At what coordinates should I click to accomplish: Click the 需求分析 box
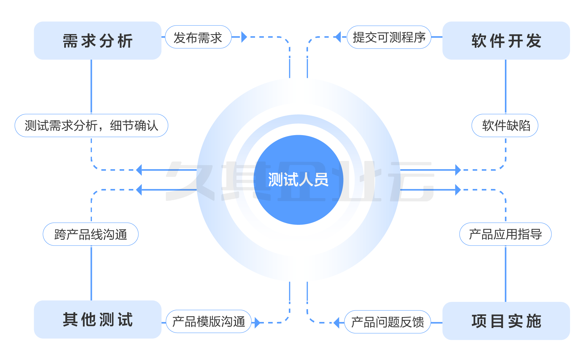97,40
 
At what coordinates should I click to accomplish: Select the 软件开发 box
506,40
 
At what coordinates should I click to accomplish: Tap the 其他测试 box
97,319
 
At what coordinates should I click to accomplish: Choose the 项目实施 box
506,321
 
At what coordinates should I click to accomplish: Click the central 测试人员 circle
298,180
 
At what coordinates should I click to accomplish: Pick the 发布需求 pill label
198,37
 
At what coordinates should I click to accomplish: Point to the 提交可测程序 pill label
389,37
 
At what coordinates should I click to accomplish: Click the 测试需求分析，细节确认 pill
91,125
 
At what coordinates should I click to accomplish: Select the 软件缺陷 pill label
505,125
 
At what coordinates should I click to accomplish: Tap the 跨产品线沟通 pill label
91,234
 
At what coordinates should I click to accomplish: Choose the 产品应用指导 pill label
505,234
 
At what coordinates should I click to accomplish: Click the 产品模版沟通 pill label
209,321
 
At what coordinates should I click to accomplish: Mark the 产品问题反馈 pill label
387,322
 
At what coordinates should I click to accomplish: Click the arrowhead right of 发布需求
244,37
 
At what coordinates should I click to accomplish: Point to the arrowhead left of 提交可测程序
338,37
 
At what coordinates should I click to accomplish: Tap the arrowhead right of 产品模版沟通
257,323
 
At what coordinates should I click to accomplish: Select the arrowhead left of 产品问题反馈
337,323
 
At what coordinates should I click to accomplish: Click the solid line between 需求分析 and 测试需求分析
91,87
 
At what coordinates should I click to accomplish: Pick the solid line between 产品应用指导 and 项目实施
506,274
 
